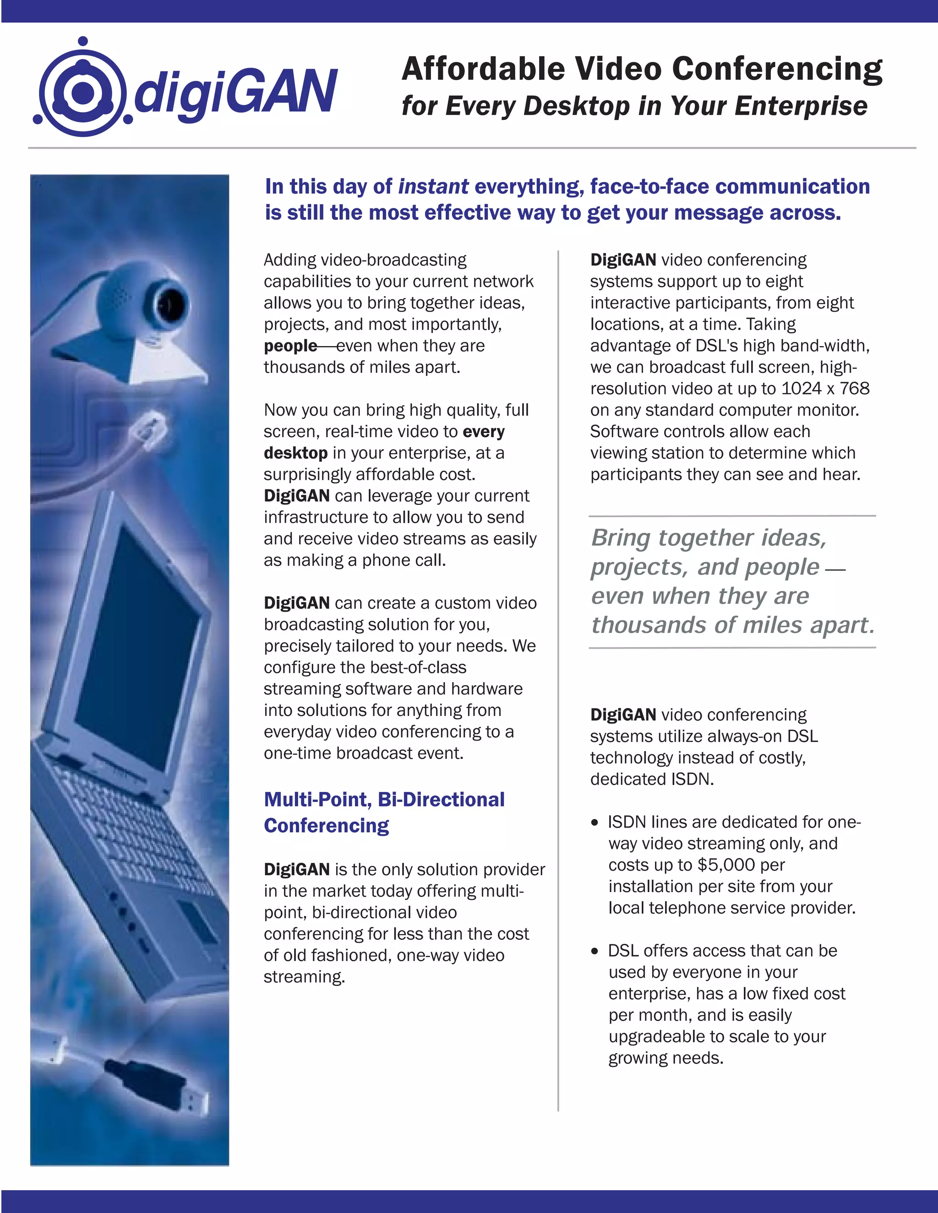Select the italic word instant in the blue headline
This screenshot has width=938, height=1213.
click(x=433, y=187)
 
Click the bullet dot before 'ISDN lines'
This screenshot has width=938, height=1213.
click(x=595, y=823)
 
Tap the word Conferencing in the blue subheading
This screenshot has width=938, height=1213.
click(x=326, y=825)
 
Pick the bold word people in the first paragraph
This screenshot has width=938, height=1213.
click(x=290, y=346)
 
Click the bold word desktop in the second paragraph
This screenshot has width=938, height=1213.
click(x=295, y=453)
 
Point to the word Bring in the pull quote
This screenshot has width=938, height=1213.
click(x=621, y=538)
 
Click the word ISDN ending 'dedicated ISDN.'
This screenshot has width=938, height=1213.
click(x=691, y=779)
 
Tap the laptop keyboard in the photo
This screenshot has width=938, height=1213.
click(x=122, y=822)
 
